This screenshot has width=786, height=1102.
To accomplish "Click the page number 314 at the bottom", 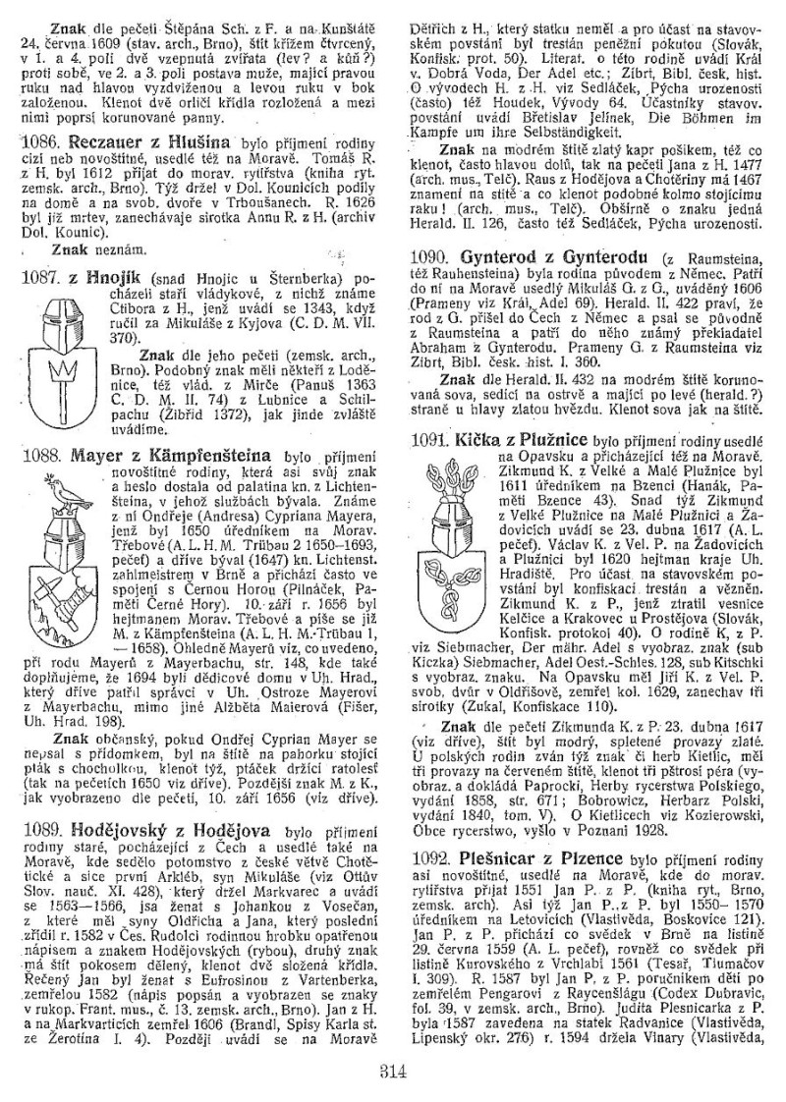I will (392, 1071).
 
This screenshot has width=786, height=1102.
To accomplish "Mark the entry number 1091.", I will (429, 440).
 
